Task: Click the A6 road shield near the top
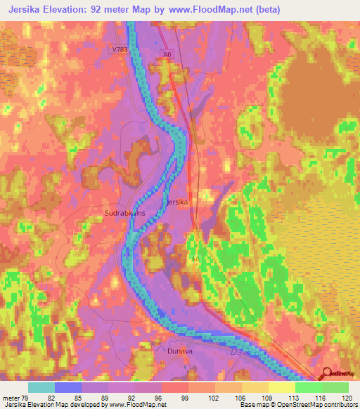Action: point(167,53)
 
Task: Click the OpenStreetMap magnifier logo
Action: point(328,374)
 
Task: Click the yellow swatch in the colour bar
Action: point(282,387)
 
